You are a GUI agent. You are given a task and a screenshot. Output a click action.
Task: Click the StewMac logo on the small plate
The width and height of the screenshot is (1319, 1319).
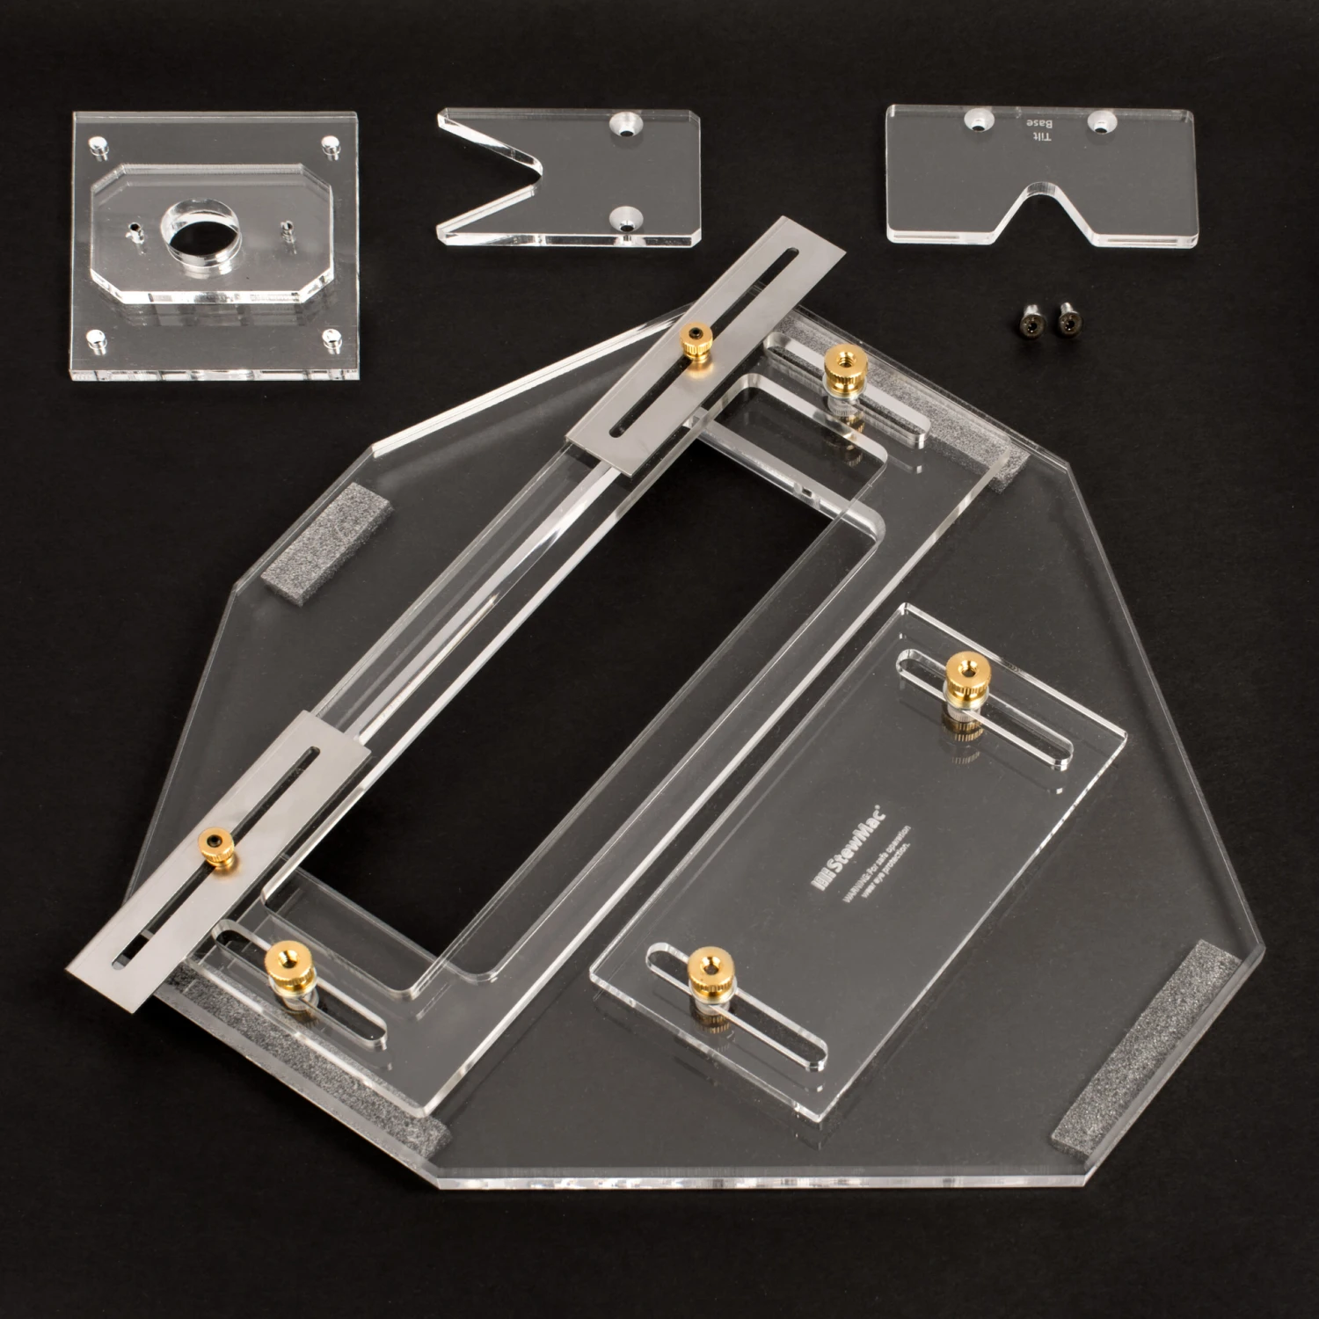point(851,844)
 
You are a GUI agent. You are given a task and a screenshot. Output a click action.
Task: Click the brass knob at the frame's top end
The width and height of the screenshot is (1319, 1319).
point(841,365)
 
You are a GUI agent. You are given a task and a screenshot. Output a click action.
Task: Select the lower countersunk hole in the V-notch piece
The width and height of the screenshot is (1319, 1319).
point(626,221)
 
